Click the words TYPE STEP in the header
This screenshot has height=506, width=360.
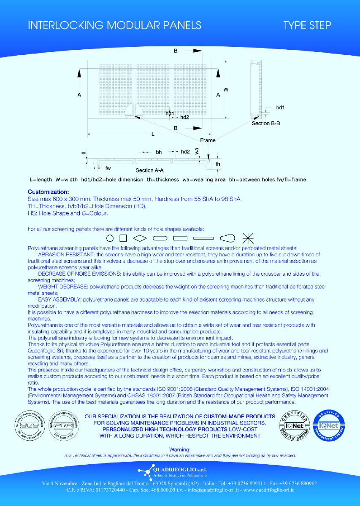[307, 25]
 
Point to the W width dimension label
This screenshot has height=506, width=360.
[226, 90]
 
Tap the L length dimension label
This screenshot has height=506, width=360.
[153, 134]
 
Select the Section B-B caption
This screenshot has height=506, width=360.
[266, 123]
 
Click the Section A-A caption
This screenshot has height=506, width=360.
[150, 170]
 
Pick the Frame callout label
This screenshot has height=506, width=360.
[208, 140]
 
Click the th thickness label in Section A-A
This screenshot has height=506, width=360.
[218, 163]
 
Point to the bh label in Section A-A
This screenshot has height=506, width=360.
[159, 151]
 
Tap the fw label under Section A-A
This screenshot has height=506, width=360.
[108, 167]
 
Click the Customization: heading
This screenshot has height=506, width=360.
[48, 191]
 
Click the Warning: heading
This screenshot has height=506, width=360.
[180, 450]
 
